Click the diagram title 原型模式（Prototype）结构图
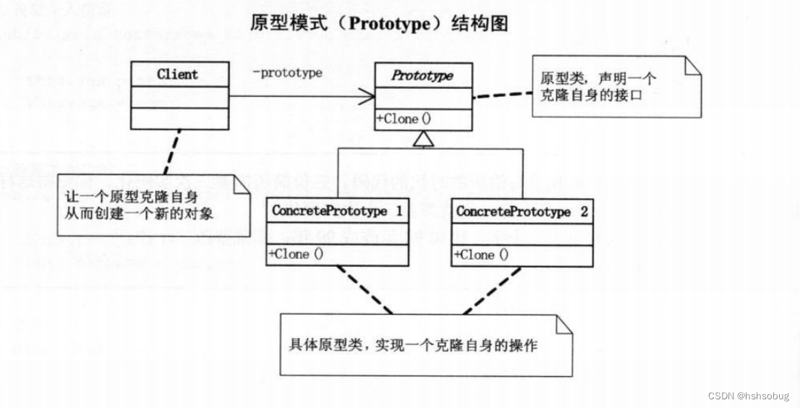click(378, 23)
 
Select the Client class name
click(177, 75)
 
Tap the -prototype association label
click(287, 73)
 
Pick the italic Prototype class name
click(423, 76)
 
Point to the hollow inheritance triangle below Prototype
click(424, 141)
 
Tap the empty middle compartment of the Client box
click(179, 97)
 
